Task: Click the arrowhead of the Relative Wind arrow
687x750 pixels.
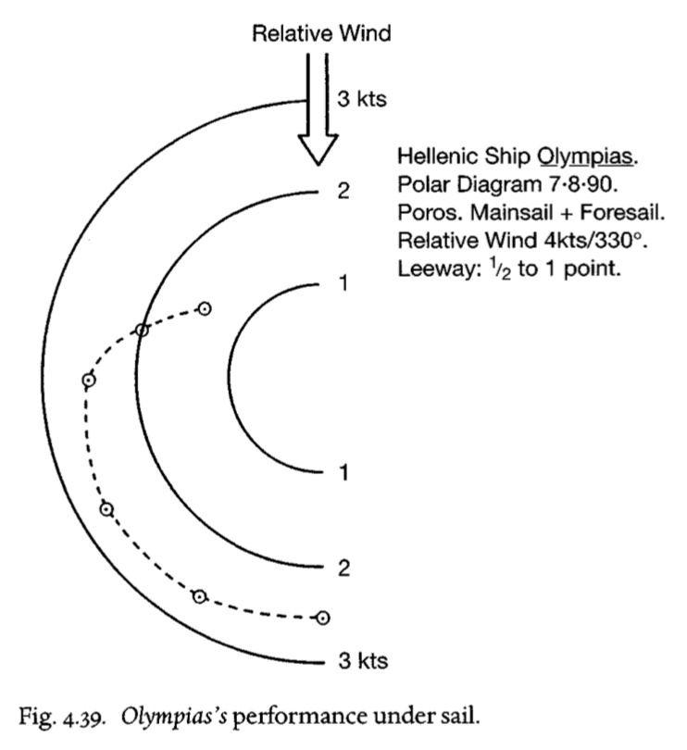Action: pos(319,150)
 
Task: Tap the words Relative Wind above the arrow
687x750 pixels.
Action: pos(321,33)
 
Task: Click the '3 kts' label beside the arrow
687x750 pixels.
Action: pos(362,99)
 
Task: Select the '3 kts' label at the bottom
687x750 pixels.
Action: pos(363,660)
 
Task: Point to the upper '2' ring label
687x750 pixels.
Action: pos(343,191)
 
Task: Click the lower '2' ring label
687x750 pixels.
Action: pos(344,569)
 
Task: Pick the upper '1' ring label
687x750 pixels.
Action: pos(343,283)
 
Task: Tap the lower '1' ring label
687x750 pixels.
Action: pos(343,472)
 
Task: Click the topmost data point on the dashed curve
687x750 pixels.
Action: pos(205,309)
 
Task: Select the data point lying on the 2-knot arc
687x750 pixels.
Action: pos(142,330)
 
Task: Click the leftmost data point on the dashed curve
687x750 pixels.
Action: pos(89,381)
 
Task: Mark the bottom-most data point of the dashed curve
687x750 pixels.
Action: pos(323,618)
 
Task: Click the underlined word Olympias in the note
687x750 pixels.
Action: pos(585,156)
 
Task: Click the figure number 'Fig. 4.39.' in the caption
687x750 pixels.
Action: pos(62,718)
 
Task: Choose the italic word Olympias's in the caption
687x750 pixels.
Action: pos(174,718)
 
